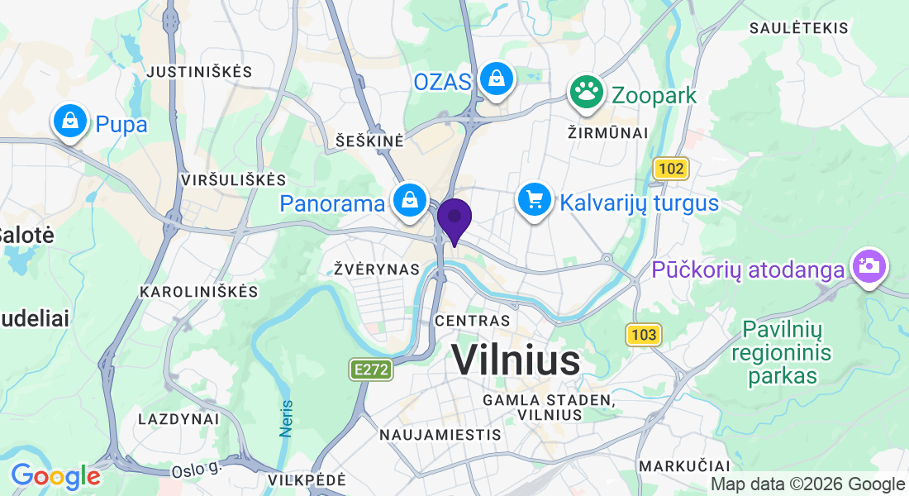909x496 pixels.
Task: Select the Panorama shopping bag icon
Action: pos(409,199)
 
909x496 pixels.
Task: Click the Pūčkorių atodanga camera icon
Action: pos(869,266)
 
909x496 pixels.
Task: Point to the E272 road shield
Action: pos(370,370)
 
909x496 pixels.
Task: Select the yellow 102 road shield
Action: pos(671,169)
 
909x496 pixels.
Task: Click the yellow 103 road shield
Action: pos(644,335)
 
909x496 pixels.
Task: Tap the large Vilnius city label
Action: pos(516,361)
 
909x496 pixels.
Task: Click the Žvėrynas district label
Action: pos(377,269)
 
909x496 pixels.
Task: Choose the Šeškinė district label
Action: pos(370,141)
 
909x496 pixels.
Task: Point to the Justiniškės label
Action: pos(199,72)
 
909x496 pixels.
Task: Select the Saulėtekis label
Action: pos(798,28)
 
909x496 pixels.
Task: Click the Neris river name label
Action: pos(287,418)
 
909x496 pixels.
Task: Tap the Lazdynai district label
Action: pos(178,419)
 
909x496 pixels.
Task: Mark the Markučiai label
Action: pos(685,465)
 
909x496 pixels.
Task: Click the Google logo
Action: pos(55,476)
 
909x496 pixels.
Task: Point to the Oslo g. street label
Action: pos(198,470)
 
